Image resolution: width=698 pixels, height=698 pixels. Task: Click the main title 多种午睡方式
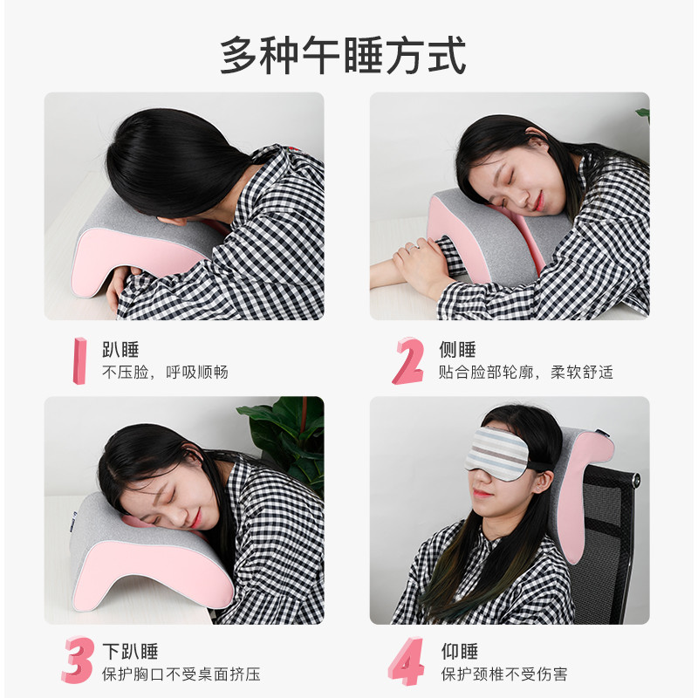342,55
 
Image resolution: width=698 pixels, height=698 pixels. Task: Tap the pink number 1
79,360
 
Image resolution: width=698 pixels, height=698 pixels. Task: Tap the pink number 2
407,360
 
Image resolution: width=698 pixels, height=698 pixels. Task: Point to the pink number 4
407,660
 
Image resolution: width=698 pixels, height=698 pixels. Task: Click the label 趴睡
120,350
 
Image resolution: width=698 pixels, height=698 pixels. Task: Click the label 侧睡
456,350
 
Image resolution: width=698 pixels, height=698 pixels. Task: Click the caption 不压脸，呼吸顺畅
165,373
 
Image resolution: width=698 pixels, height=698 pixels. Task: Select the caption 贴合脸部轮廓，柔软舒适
525,373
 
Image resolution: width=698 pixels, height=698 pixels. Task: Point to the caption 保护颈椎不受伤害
504,674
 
